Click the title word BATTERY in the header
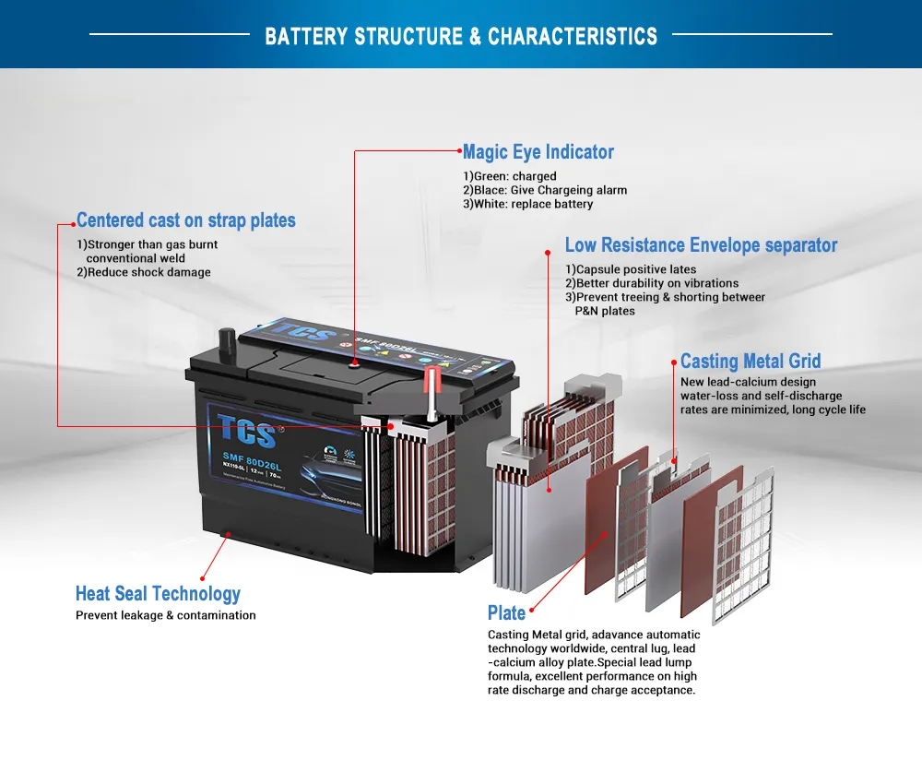(305, 37)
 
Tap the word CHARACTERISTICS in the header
(573, 37)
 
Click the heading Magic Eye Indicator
(538, 152)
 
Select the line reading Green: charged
(510, 176)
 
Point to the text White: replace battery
(528, 204)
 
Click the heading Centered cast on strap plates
(186, 220)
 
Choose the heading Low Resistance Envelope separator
(701, 245)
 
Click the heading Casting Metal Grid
(750, 362)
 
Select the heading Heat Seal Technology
(158, 594)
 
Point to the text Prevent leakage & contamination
(166, 615)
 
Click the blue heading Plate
(506, 613)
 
